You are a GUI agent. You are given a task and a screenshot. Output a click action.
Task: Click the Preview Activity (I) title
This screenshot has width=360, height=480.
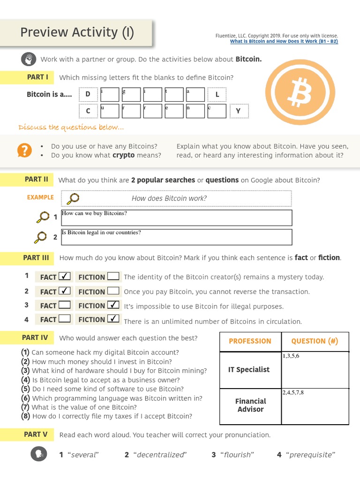coord(77,32)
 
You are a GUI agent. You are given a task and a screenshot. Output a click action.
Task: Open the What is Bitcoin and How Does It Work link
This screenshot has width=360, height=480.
coord(284,41)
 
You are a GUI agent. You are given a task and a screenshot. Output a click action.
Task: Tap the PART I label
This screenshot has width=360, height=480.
coord(37,77)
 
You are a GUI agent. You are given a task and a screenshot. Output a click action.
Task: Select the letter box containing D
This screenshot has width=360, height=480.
coord(88,94)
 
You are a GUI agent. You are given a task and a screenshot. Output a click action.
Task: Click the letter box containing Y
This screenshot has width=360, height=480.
coord(238,111)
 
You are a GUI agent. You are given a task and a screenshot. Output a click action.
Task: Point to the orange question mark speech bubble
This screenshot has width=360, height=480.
coord(24,150)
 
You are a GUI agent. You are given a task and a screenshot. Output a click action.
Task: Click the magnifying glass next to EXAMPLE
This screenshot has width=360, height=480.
coord(73,198)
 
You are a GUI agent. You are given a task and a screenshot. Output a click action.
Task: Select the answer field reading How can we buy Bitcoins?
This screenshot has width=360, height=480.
coord(176,217)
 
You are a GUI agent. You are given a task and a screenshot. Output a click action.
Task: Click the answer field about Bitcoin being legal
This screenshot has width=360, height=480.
coord(176,237)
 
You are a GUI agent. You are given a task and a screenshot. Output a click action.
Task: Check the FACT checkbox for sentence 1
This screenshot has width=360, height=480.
coord(65,276)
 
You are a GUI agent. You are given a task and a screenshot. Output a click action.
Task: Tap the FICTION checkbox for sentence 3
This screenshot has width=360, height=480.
coord(113,305)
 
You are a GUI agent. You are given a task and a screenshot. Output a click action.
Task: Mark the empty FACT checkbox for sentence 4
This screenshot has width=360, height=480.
coord(65,319)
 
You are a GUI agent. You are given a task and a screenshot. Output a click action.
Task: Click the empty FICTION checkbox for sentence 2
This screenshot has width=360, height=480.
coord(113,291)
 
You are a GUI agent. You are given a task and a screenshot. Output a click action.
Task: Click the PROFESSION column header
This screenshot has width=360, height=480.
coord(250,341)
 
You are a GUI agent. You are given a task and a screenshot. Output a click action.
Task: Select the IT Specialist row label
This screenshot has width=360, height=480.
coord(249,369)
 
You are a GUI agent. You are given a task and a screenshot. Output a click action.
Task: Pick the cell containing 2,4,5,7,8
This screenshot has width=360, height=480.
coord(315,406)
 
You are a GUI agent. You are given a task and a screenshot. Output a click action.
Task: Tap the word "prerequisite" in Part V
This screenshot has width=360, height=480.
coord(313,455)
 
